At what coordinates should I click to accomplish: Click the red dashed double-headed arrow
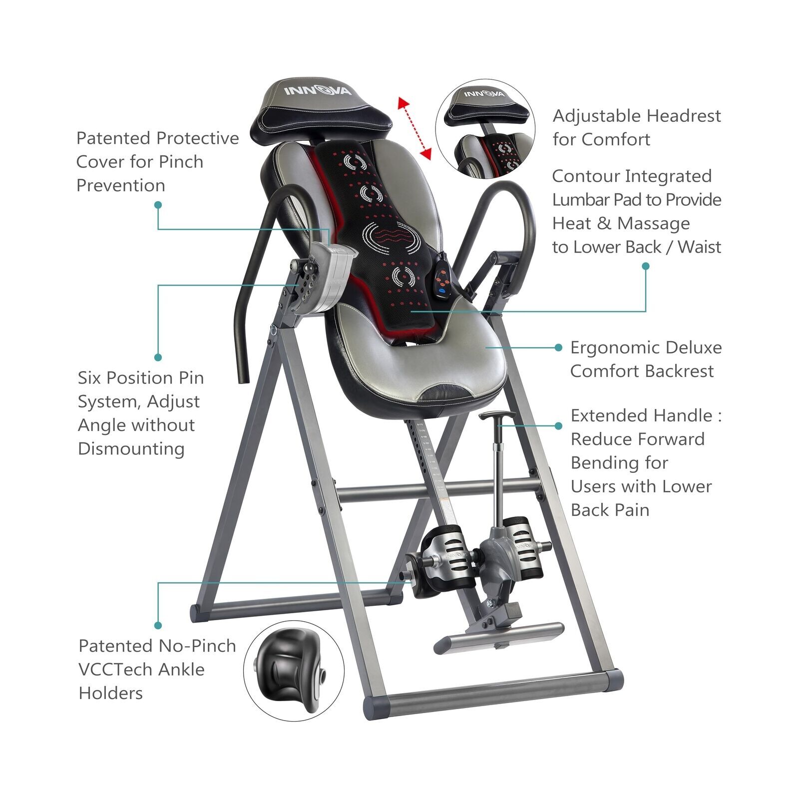click(414, 128)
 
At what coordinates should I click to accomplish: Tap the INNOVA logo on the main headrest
click(318, 90)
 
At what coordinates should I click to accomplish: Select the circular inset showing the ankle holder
click(294, 671)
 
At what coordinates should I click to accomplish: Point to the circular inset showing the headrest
click(485, 129)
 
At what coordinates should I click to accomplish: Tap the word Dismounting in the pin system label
click(131, 448)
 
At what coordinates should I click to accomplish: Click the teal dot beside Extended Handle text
click(558, 426)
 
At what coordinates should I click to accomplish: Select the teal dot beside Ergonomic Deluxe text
click(558, 348)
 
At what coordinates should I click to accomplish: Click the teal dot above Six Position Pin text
click(158, 357)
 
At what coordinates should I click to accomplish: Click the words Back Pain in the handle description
click(610, 510)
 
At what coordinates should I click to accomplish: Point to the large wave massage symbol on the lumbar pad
click(391, 234)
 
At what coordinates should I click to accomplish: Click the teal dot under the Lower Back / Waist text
click(645, 266)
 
